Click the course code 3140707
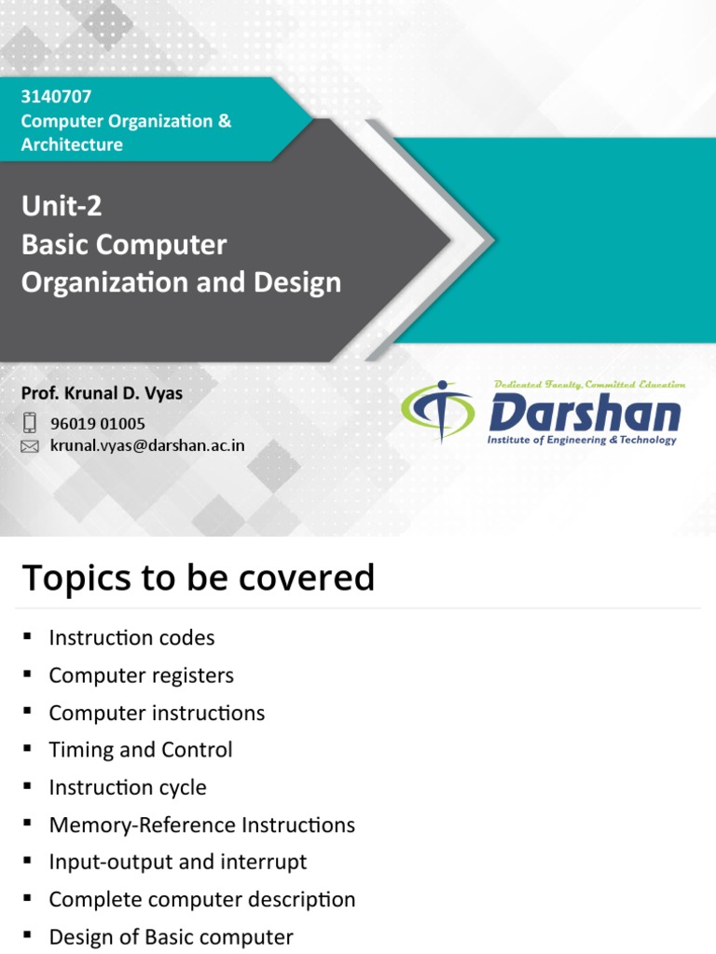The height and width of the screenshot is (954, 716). tap(56, 97)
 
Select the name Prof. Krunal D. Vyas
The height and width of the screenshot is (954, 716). tap(102, 393)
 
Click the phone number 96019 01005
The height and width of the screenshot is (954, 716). tap(97, 424)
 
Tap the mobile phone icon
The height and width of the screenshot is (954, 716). tap(30, 423)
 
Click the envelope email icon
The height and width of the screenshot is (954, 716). tap(30, 446)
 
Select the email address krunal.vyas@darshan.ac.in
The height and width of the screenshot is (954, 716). tap(146, 445)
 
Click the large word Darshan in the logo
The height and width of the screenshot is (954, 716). tap(585, 412)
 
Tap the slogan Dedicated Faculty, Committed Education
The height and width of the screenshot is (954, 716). tap(589, 384)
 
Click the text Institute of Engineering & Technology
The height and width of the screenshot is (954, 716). tap(582, 440)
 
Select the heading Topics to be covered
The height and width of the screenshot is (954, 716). tap(198, 578)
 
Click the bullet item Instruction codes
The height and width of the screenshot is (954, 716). tap(131, 638)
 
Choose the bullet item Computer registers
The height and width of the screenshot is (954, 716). tap(141, 675)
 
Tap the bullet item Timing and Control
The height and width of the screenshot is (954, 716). tap(141, 750)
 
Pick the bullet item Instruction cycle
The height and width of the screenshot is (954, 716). tap(128, 787)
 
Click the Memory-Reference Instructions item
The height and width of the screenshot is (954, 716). tap(201, 825)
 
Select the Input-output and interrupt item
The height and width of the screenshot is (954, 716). tap(177, 862)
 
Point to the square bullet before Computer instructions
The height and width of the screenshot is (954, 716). tap(28, 712)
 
